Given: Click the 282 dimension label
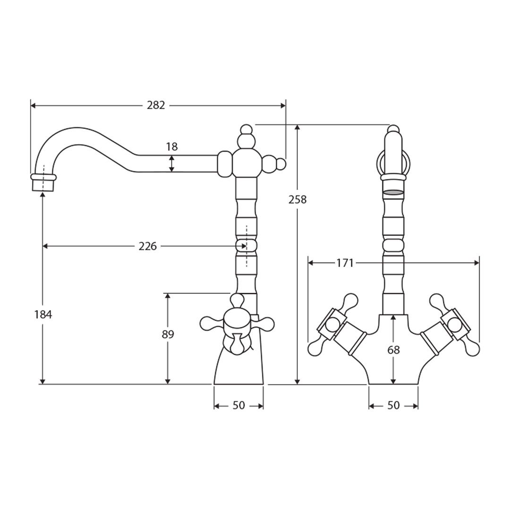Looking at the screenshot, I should (x=156, y=105).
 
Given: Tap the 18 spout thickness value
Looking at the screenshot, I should (x=172, y=147).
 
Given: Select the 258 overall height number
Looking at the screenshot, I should (x=297, y=200).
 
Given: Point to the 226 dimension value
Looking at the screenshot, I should (x=148, y=246).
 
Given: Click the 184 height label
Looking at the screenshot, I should (x=43, y=314).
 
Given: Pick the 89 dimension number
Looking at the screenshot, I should (x=168, y=334).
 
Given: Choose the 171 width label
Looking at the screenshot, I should (x=345, y=263).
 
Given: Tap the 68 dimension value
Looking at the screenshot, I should (x=393, y=350).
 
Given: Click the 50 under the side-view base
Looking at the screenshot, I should (x=239, y=406).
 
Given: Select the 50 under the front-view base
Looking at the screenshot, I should (x=393, y=406).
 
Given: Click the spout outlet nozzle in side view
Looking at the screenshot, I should (x=43, y=183).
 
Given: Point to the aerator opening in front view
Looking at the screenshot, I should (x=393, y=192).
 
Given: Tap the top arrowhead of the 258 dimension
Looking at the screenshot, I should (x=297, y=127).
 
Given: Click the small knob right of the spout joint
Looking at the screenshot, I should (x=281, y=164).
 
